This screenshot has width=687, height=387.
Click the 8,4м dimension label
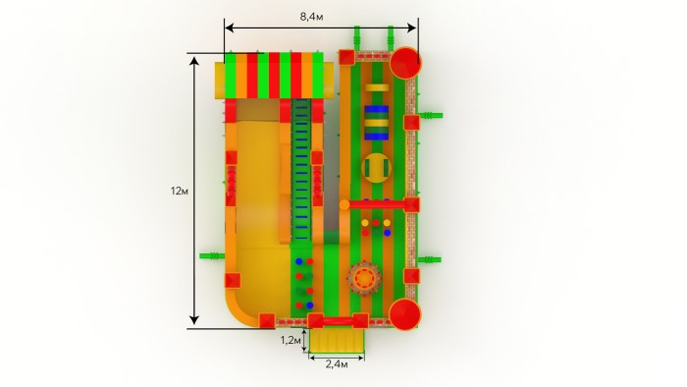pos(311,17)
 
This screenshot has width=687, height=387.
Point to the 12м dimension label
pos(180,192)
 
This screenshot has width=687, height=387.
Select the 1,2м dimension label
pos(291,340)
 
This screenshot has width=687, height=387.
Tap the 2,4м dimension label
pos(337,364)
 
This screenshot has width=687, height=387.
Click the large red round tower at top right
pos(405,63)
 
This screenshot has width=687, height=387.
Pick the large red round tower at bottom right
pos(404,314)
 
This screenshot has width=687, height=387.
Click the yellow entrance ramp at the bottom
pos(337,341)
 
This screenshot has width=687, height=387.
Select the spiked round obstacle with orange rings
pos(364,278)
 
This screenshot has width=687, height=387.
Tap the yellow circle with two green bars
pos(376,167)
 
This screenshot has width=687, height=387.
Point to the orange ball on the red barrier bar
pos(344,204)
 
